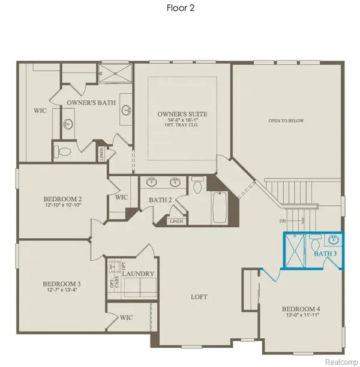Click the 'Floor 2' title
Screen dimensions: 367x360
[x=179, y=8]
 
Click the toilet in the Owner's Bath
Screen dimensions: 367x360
[x=62, y=149]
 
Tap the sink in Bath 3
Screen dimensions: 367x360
[x=333, y=240]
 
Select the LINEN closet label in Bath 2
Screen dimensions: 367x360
[x=176, y=221]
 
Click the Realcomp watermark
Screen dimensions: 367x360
[x=339, y=359]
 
